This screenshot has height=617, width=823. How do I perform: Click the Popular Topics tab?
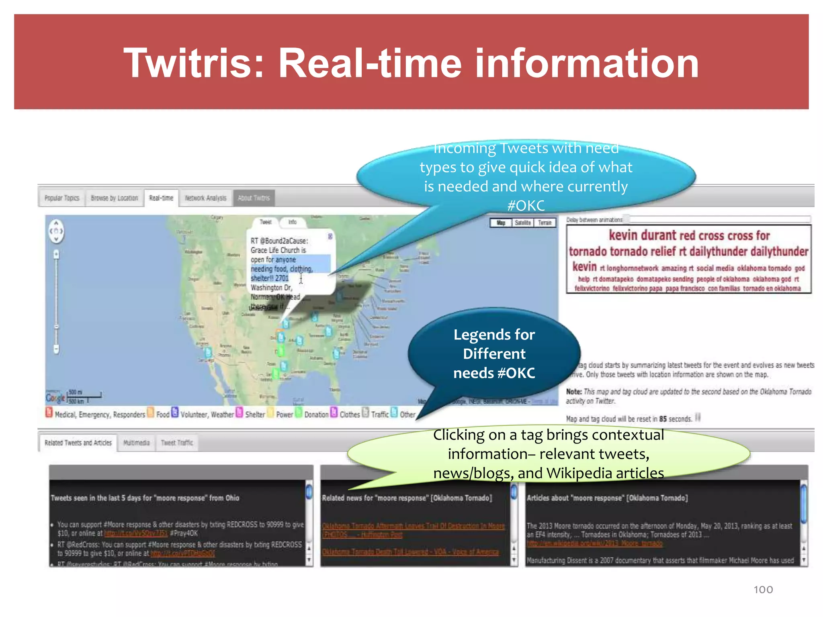pos(62,198)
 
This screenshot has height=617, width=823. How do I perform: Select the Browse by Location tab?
pos(114,198)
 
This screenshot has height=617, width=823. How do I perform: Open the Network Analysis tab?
pos(205,198)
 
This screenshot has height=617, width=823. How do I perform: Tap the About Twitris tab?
pos(254,198)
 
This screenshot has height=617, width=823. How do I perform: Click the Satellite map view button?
pos(522,223)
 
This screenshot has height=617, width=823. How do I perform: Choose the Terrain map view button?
pos(545,223)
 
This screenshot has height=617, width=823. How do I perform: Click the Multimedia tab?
pos(136,443)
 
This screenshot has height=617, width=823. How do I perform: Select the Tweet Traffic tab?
pos(177,443)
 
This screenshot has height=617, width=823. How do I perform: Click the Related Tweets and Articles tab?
pos(78,443)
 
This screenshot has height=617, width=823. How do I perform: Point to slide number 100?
pos(763,590)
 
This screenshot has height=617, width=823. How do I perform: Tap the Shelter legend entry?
pos(255,415)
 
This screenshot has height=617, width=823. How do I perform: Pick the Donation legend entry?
pos(316,415)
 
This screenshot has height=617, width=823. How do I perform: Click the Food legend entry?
pos(163,415)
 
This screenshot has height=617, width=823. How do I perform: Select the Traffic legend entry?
pos(380,415)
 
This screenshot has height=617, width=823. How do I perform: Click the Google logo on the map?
pos(55,398)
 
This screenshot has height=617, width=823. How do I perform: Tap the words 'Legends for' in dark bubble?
pos(494,335)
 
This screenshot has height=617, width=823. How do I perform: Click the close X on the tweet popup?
pos(330,237)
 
